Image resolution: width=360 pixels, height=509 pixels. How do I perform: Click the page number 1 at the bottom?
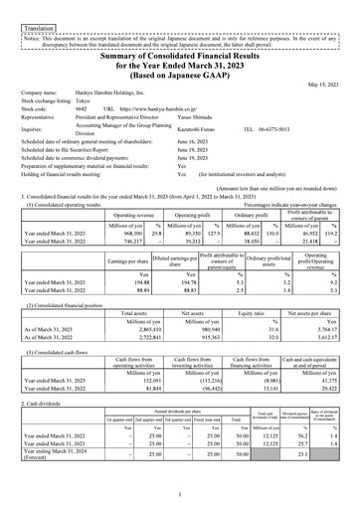(x=179, y=494)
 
